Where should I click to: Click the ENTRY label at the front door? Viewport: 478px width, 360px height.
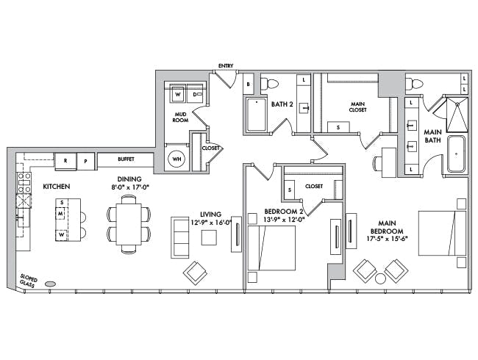(226, 66)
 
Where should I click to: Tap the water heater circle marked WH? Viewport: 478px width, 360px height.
(176, 159)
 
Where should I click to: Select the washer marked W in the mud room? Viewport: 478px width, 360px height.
(177, 94)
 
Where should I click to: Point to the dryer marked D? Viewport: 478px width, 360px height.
(196, 94)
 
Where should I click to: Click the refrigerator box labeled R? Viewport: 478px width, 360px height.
(65, 161)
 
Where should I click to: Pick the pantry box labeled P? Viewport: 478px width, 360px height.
(85, 161)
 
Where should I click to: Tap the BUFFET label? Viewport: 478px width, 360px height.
(126, 159)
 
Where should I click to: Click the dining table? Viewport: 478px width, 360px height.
(129, 224)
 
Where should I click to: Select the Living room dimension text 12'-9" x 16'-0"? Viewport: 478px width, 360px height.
(211, 223)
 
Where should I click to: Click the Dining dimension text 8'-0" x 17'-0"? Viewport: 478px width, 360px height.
(129, 187)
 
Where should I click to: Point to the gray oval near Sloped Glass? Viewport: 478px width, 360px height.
(50, 284)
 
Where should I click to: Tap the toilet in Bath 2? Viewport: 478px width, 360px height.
(270, 84)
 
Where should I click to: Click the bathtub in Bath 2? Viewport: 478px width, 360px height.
(256, 115)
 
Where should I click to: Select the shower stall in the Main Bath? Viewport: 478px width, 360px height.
(457, 115)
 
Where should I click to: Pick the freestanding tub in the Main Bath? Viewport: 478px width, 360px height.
(456, 154)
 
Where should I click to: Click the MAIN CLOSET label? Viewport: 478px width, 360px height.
(357, 107)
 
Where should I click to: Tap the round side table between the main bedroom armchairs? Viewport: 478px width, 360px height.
(380, 278)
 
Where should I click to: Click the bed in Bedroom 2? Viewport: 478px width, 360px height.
(271, 248)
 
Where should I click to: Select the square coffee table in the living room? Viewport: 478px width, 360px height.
(209, 237)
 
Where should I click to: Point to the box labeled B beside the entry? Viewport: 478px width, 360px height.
(249, 84)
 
